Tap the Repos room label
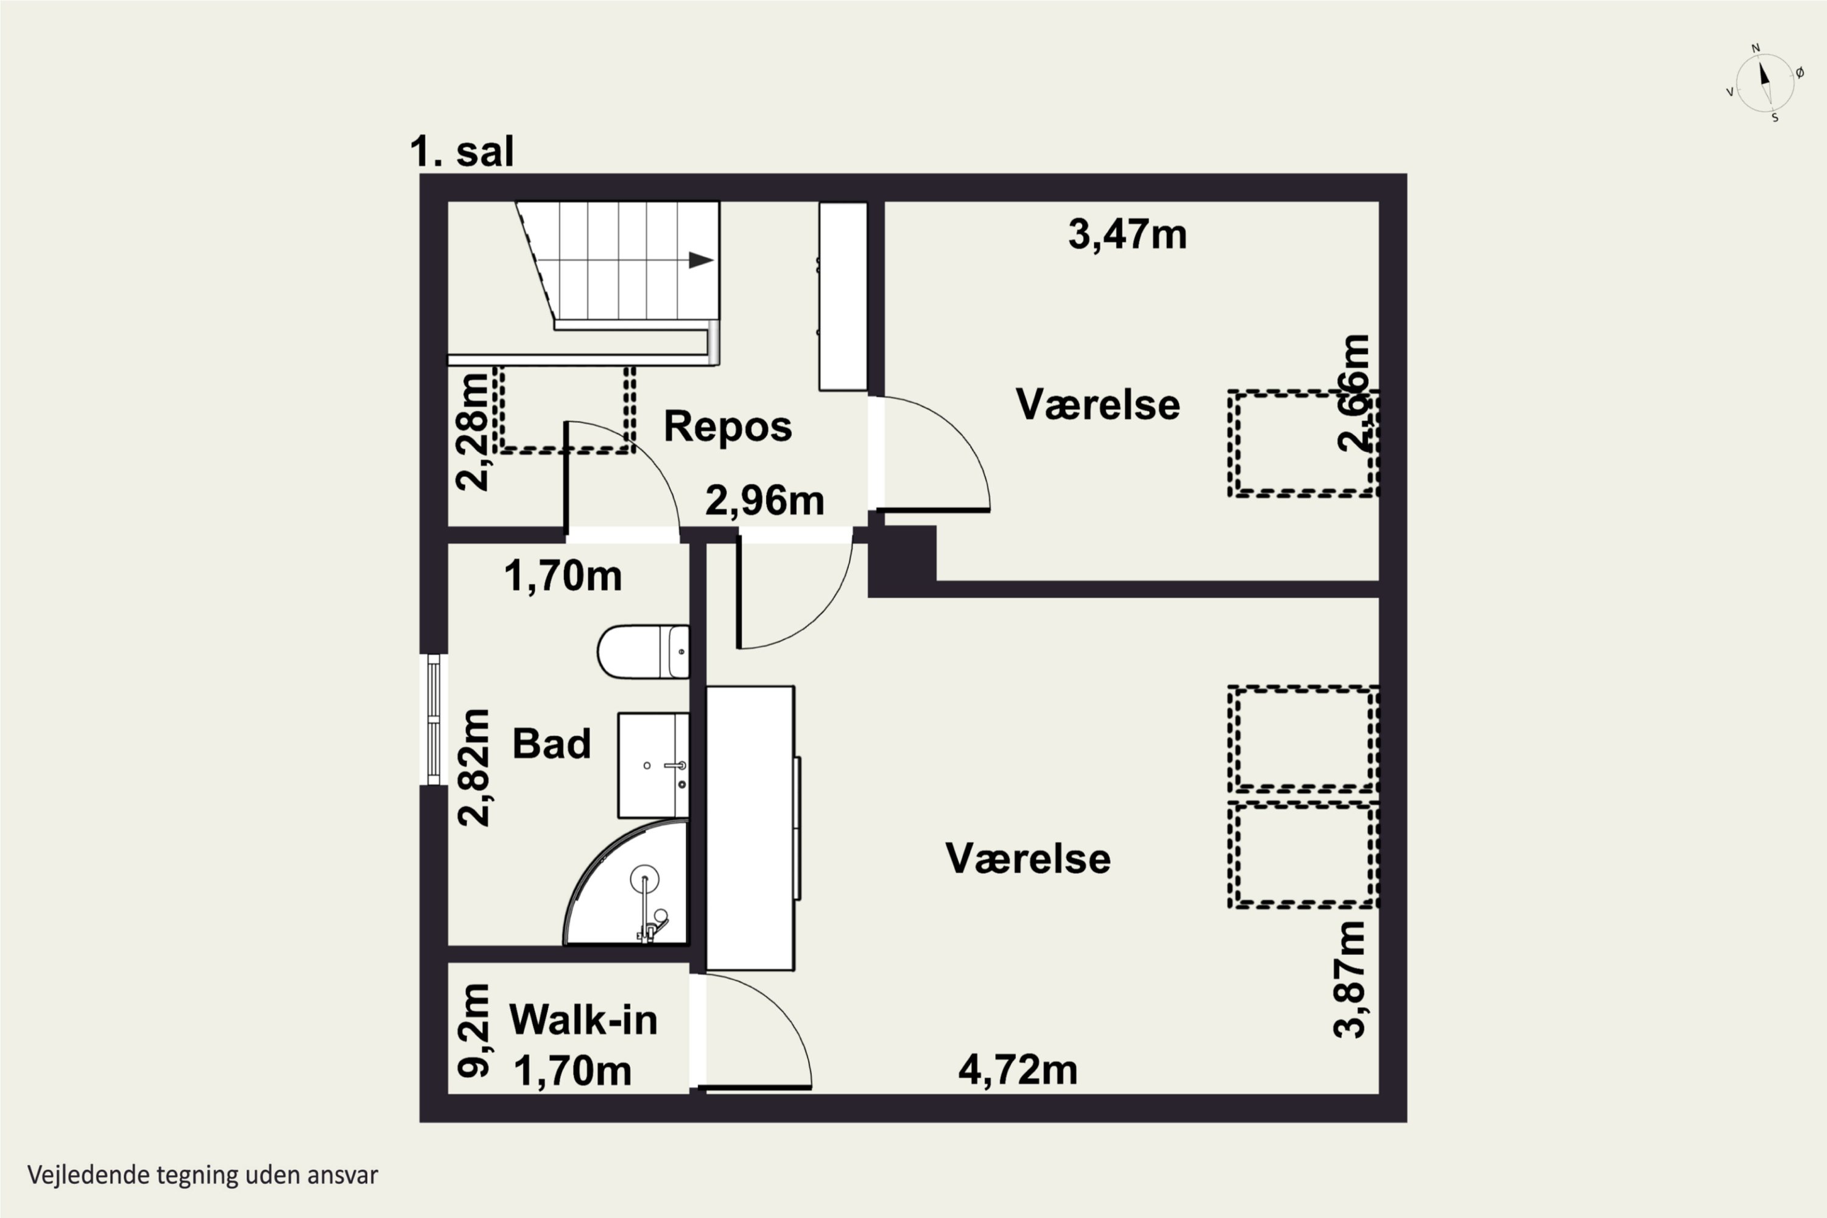tap(728, 426)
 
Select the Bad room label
tap(552, 744)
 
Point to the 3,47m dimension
tap(1127, 234)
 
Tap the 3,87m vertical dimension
tap(1350, 979)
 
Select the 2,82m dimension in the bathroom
tap(474, 767)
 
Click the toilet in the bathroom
tap(643, 652)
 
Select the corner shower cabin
tap(626, 882)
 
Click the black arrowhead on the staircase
tap(702, 260)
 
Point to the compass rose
tap(1764, 82)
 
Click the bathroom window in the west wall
tap(434, 719)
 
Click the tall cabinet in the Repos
tap(843, 296)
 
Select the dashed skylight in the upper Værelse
tap(1303, 443)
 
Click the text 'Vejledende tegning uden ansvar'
tap(203, 1175)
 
